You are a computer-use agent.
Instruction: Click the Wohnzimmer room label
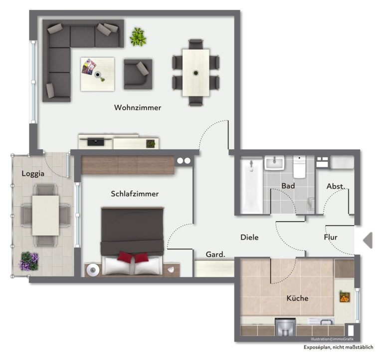click(x=138, y=108)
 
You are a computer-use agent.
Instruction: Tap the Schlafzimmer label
click(x=135, y=194)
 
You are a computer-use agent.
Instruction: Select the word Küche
click(x=297, y=298)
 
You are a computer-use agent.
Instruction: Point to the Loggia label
click(x=33, y=174)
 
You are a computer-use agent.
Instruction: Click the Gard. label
click(x=215, y=254)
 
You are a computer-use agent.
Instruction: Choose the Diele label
click(x=249, y=237)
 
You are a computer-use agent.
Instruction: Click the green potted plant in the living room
click(x=138, y=36)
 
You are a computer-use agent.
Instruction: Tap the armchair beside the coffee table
click(x=138, y=74)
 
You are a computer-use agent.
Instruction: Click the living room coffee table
click(x=97, y=74)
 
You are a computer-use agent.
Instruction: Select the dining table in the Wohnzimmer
click(x=196, y=72)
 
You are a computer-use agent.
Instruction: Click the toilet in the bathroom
click(x=299, y=167)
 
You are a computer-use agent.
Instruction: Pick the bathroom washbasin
click(x=274, y=163)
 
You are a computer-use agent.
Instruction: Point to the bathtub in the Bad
click(x=251, y=186)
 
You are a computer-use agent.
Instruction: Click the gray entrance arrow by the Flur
click(x=368, y=240)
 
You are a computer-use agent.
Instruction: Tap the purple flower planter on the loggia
click(x=29, y=261)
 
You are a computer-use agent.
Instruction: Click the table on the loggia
click(x=45, y=216)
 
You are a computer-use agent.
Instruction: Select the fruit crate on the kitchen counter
click(x=345, y=297)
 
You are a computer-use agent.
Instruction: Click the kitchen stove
click(x=285, y=327)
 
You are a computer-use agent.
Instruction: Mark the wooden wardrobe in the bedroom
click(x=128, y=165)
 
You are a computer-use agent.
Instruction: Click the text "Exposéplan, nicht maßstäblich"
click(x=338, y=348)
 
